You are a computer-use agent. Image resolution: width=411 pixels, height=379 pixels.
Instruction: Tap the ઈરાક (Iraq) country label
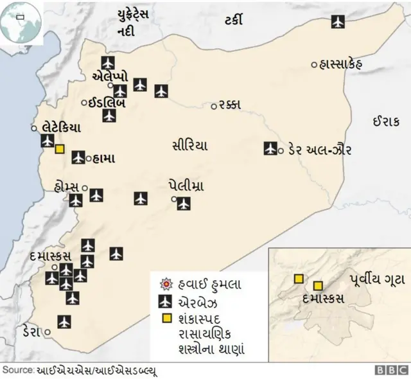point(385,120)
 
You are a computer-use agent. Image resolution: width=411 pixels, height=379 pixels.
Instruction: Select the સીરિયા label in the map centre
point(189,145)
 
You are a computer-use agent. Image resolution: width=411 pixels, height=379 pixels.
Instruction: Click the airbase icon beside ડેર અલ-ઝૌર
point(270,149)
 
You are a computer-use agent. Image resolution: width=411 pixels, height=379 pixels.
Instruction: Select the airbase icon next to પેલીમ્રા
point(184,204)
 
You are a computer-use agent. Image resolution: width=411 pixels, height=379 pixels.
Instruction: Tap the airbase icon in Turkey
point(338,21)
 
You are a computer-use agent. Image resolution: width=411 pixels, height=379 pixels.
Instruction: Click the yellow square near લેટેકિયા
point(60,149)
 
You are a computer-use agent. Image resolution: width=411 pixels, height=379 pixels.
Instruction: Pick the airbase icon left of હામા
point(78,157)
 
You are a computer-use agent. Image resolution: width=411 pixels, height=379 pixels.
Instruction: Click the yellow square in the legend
point(166,319)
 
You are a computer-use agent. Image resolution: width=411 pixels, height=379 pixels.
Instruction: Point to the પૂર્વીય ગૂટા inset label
point(376,278)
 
